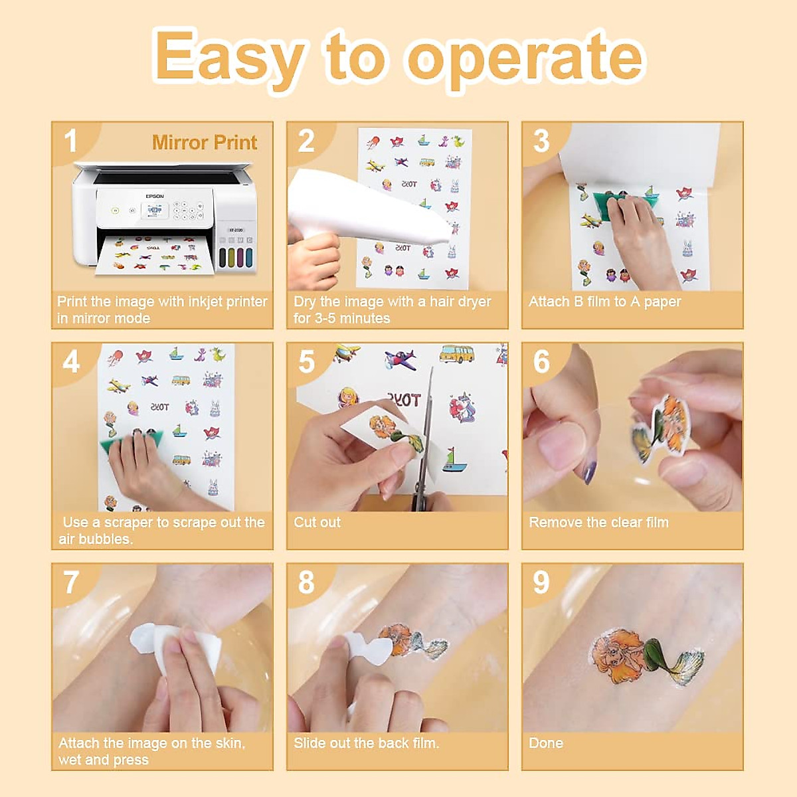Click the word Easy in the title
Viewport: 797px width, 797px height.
pos(230,58)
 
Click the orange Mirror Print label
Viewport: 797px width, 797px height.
pos(205,142)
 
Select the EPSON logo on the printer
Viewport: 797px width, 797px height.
pos(155,196)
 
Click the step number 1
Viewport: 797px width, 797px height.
pos(70,141)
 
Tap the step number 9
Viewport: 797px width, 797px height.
pos(541,582)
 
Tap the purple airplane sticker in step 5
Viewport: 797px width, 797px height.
pos(400,359)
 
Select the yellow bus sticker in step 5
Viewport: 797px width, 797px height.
pos(458,353)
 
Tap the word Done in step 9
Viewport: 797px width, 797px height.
pos(545,743)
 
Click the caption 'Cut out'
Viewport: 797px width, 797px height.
pos(317,523)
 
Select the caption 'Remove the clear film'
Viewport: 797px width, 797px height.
pos(598,523)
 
